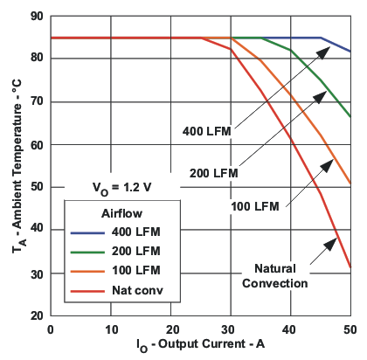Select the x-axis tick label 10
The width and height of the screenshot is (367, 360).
(x=111, y=329)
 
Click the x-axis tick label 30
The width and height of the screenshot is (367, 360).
(x=231, y=329)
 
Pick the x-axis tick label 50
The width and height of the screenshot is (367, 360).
(x=350, y=329)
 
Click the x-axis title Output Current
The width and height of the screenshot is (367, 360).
(x=199, y=347)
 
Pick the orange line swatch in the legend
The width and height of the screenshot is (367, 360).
(x=86, y=268)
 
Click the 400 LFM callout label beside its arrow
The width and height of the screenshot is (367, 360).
(x=206, y=131)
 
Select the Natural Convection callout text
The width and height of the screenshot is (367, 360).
(x=281, y=275)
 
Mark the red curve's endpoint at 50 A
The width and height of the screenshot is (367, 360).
(x=350, y=267)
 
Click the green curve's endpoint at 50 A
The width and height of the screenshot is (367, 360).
(x=350, y=116)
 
